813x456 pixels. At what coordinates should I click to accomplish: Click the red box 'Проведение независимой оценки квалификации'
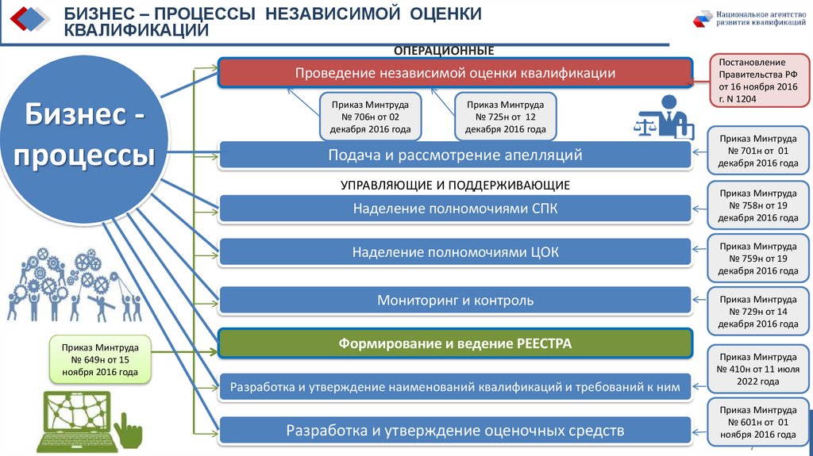(x=455, y=73)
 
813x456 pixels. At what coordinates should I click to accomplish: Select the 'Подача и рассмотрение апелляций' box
(x=455, y=155)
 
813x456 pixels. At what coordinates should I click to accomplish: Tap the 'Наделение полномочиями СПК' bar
(x=455, y=209)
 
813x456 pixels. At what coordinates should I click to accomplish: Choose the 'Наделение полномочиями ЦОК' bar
(x=455, y=252)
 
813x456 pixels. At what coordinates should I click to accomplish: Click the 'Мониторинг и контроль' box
(x=455, y=301)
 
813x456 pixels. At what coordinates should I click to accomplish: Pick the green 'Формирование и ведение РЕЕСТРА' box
(x=455, y=343)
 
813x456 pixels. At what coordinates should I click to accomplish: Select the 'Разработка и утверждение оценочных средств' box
(x=455, y=431)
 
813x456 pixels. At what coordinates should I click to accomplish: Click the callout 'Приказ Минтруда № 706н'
(x=370, y=117)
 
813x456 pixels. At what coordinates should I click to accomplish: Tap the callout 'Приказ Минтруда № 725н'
(x=505, y=117)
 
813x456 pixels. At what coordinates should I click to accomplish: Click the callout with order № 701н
(x=757, y=151)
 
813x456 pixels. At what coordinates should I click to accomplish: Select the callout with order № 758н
(x=757, y=205)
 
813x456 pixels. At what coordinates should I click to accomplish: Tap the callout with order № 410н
(x=757, y=369)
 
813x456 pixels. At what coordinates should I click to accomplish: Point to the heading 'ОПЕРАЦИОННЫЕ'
(x=444, y=51)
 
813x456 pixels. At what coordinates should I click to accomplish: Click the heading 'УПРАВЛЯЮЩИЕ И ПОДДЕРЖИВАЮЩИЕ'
(x=455, y=185)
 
